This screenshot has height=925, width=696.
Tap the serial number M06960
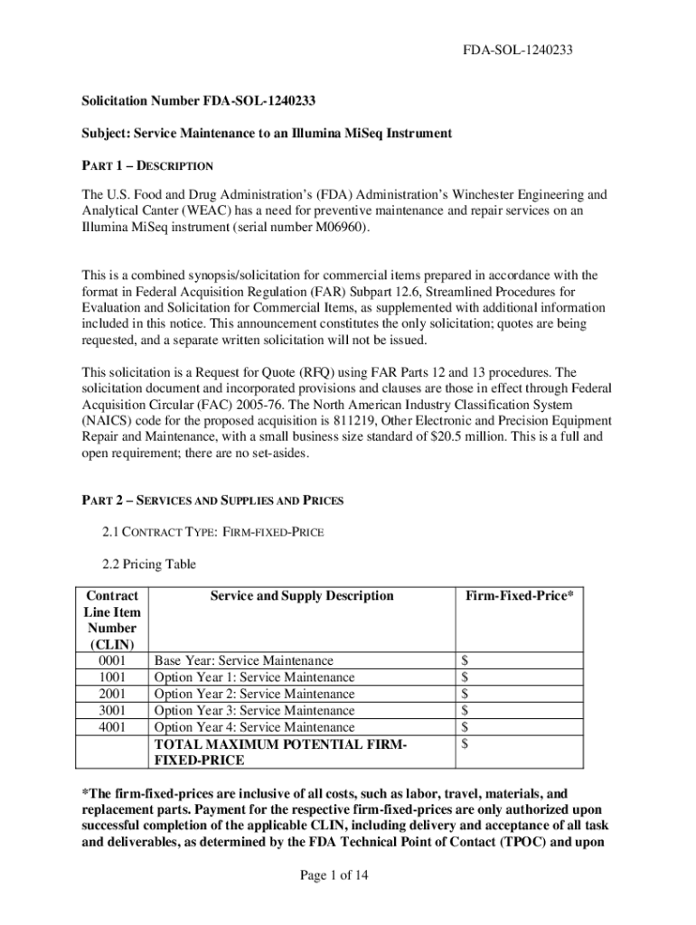pyautogui.click(x=338, y=228)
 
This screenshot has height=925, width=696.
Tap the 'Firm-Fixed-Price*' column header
pyautogui.click(x=519, y=596)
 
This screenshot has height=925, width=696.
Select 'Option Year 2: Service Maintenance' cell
pyautogui.click(x=255, y=694)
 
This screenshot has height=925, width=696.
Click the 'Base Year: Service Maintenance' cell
pyautogui.click(x=244, y=661)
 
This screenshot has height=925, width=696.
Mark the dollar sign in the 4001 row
pyautogui.click(x=465, y=726)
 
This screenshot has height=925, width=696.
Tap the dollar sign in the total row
pyautogui.click(x=465, y=743)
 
